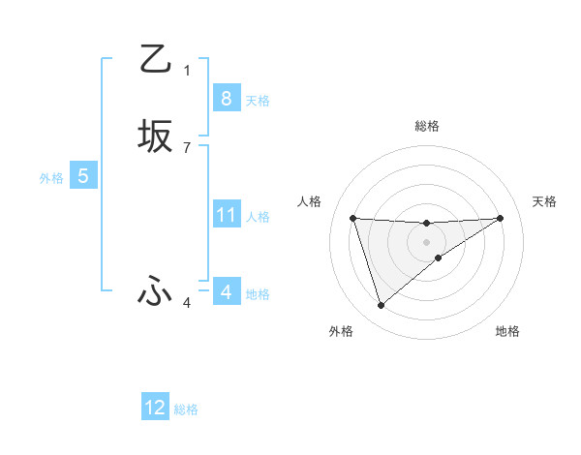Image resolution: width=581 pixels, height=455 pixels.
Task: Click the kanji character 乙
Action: click(x=155, y=59)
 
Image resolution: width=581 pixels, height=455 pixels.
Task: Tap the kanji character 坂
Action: click(x=155, y=136)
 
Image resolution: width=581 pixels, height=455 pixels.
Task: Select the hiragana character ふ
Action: click(x=155, y=291)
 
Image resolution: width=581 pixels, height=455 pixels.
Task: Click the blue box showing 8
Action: click(x=226, y=98)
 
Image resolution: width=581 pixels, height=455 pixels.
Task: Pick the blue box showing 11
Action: click(x=226, y=215)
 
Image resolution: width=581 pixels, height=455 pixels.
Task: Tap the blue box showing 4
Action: click(x=226, y=291)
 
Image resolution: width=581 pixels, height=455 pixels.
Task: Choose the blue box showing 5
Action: click(x=83, y=176)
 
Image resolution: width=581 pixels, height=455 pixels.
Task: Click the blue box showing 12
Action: click(x=155, y=408)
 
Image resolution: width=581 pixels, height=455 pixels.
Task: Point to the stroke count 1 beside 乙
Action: click(x=187, y=70)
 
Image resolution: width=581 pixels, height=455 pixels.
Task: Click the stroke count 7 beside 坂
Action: click(x=187, y=147)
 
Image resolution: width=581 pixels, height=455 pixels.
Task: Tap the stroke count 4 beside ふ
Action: click(x=187, y=303)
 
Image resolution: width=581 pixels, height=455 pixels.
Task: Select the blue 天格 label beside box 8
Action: click(x=258, y=100)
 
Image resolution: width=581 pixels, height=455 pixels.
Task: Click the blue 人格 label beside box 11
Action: click(x=258, y=217)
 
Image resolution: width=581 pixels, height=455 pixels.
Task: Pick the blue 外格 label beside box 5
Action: click(x=51, y=178)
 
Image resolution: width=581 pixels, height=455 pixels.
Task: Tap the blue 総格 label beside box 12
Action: click(x=186, y=409)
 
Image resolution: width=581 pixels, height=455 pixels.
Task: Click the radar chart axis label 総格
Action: click(x=426, y=126)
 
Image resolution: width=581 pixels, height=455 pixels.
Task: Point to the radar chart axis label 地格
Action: click(x=507, y=331)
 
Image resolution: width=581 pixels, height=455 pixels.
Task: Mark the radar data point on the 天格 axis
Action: click(x=501, y=218)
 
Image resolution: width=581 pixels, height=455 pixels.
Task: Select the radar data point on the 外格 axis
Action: click(x=381, y=306)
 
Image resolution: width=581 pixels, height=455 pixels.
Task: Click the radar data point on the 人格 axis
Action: click(x=352, y=218)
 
